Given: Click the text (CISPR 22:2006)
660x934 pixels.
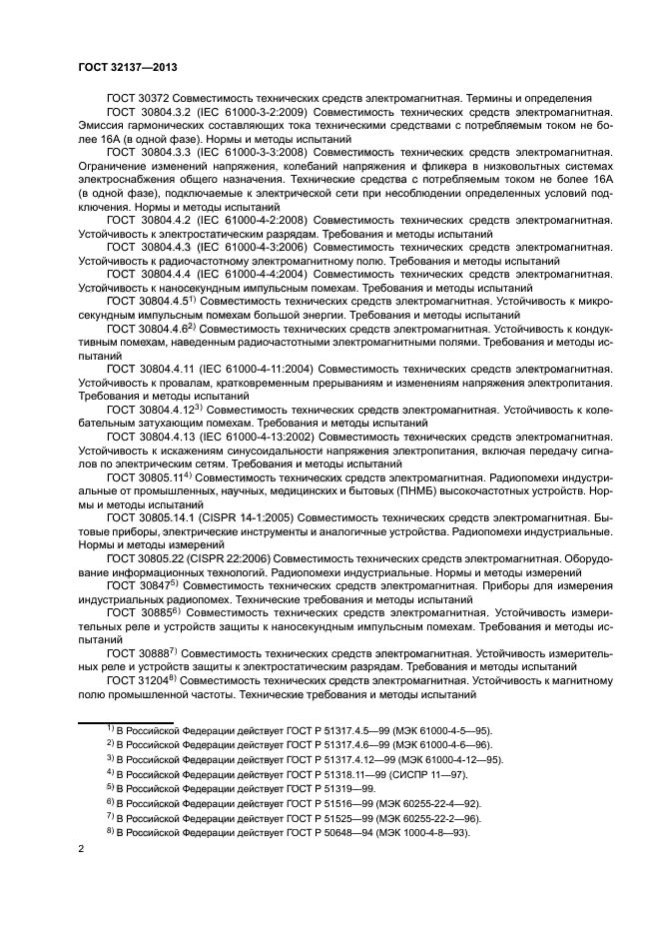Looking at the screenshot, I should (221, 558).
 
